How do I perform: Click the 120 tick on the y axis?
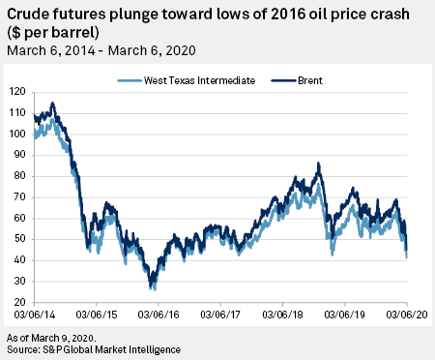coord(16,92)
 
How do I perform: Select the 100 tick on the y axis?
coord(16,135)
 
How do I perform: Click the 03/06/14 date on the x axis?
coord(35,315)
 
